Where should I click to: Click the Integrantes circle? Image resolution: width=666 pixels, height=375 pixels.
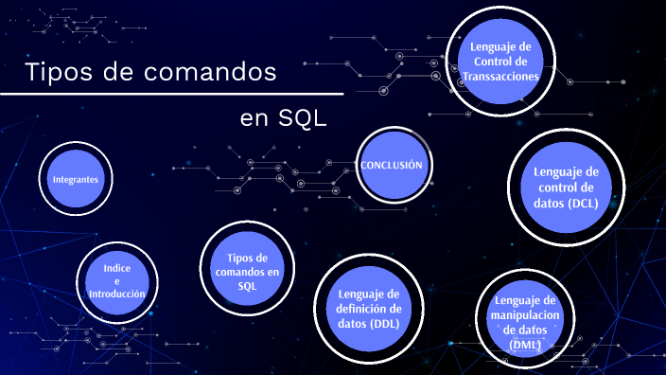[x=76, y=179]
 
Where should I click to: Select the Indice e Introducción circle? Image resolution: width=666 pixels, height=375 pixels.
[x=116, y=280]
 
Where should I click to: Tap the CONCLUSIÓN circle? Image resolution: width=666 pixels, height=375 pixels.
[x=391, y=165]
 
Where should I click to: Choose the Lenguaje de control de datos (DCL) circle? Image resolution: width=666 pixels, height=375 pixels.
[x=566, y=187]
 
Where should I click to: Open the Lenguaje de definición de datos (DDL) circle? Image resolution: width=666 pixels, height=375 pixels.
[x=369, y=308]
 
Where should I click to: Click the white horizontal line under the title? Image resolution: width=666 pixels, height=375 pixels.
[x=170, y=95]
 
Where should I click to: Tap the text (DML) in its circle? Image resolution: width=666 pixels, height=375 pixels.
[x=526, y=345]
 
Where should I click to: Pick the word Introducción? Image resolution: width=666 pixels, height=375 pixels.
[x=116, y=295]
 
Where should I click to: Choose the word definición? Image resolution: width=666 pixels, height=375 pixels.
[x=369, y=308]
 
